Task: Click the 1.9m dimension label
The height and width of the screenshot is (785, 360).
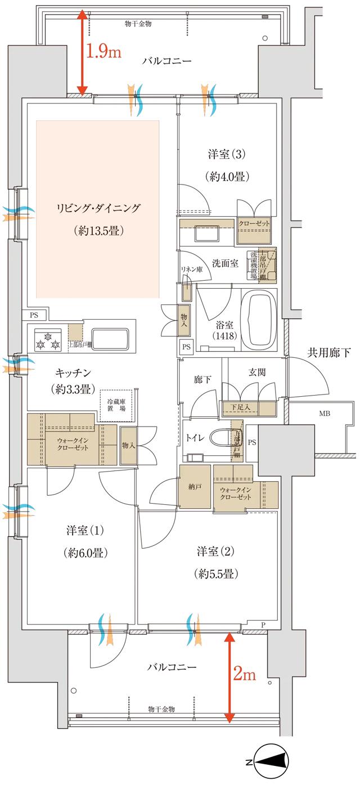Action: tap(103, 52)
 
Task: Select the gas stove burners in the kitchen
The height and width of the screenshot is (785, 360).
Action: tap(47, 339)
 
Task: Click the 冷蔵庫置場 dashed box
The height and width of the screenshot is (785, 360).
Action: tap(116, 405)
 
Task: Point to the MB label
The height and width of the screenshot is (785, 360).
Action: tap(325, 414)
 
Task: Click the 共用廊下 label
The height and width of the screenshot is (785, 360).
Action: tap(328, 352)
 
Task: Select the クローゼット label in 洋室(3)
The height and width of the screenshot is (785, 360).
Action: tap(254, 224)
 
